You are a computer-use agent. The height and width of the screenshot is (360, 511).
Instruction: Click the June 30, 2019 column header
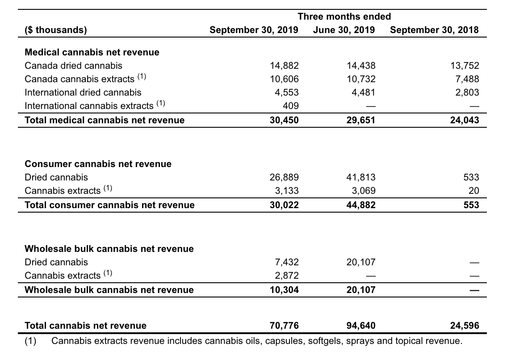344,30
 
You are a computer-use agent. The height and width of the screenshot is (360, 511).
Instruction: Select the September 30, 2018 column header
434,30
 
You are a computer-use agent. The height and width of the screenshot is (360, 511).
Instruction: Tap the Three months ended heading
344,16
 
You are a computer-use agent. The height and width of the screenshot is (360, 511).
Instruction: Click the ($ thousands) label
56,30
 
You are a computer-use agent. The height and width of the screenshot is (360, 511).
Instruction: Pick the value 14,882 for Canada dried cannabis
284,66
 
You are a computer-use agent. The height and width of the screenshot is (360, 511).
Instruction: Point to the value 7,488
467,79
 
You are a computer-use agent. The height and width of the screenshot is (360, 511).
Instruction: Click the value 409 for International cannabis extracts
290,106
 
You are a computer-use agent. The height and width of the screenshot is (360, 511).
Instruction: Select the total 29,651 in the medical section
361,120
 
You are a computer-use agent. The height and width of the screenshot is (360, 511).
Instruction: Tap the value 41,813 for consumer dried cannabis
361,177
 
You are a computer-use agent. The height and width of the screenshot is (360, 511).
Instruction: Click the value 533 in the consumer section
471,177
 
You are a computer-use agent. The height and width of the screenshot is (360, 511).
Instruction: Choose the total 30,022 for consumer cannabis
284,205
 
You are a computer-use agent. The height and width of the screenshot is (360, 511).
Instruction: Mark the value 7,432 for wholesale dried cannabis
287,262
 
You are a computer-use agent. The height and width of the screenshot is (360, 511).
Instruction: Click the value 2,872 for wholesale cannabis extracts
287,276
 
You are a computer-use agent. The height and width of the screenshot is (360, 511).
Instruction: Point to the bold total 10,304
284,290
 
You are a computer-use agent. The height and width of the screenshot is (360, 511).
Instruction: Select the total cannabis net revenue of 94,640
361,326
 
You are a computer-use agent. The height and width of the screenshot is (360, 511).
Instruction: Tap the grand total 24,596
465,326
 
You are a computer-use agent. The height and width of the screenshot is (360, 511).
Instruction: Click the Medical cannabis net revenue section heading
92,52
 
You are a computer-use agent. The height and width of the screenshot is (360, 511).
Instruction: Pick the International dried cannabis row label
83,92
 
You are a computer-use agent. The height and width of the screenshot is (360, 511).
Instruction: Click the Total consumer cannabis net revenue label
109,205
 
